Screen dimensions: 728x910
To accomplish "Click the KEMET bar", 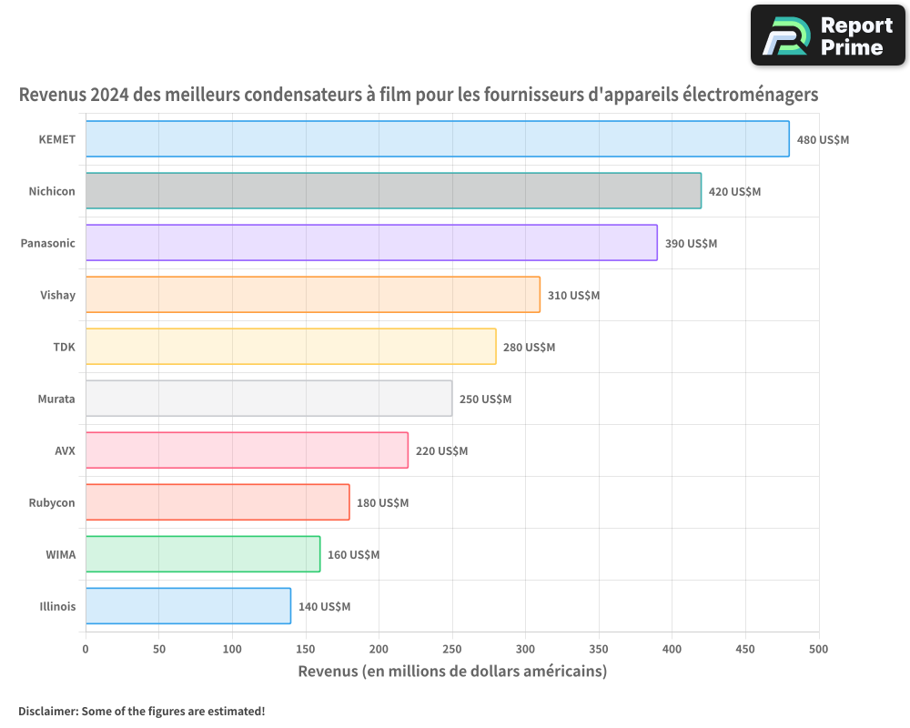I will (437, 139).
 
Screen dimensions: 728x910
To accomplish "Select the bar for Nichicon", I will (393, 191).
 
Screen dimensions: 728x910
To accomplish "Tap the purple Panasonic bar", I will (371, 243).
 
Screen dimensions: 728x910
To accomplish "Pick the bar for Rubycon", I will (217, 502).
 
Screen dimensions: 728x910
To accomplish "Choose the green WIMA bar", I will (203, 554).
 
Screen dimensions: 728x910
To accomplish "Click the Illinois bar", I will (188, 606).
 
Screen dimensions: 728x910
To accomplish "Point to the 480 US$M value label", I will (823, 140).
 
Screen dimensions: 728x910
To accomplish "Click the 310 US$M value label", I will (573, 296).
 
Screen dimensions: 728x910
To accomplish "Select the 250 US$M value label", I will (485, 399).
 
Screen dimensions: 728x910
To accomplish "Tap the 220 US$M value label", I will (441, 451).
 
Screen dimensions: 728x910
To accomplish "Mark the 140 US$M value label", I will (324, 607).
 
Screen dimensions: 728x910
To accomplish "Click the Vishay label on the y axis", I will (57, 295).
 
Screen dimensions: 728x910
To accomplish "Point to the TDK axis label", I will (64, 347).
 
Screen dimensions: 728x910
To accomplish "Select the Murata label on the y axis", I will (56, 399).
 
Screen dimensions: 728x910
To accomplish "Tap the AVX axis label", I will (65, 450).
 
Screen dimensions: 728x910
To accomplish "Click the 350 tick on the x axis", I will (599, 649).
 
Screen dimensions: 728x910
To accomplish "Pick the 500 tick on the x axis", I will (819, 649).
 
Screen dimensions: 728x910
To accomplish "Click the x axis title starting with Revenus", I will (452, 672).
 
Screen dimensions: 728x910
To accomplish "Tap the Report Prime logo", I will (828, 35).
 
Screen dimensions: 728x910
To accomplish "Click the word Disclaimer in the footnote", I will (46, 711).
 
